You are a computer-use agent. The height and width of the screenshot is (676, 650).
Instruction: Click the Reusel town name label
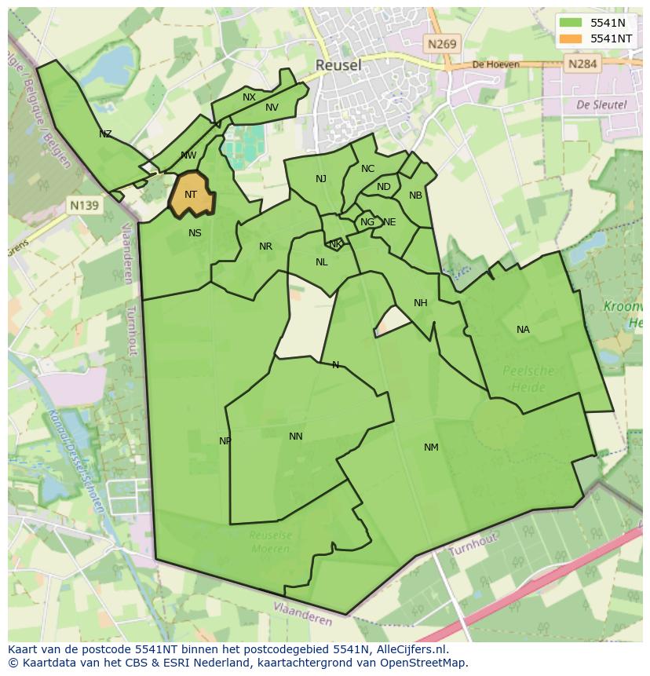[338, 65]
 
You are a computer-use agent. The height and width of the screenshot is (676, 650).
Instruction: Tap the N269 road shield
[442, 44]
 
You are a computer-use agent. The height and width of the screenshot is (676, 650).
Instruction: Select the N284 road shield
[582, 64]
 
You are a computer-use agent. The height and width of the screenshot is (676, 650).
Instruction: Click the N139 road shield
[84, 206]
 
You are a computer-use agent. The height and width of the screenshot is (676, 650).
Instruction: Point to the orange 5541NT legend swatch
[571, 38]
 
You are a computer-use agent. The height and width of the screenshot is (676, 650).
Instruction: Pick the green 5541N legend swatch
[571, 23]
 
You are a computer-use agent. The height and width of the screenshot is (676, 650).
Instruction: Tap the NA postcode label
[523, 330]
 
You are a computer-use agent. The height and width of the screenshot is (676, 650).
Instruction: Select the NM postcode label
[431, 448]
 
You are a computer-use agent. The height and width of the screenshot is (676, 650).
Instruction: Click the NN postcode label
[295, 437]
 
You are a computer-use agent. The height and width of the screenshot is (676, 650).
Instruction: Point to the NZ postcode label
[105, 134]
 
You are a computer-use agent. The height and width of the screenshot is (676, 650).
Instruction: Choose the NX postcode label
[249, 97]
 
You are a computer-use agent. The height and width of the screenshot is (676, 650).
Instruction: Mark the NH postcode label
[421, 303]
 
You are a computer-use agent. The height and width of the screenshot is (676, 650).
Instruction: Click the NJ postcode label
[321, 179]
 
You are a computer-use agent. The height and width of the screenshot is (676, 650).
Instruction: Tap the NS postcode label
[195, 232]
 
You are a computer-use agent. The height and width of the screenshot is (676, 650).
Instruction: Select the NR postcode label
[265, 247]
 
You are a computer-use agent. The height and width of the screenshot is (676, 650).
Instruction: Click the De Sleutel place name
[601, 104]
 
